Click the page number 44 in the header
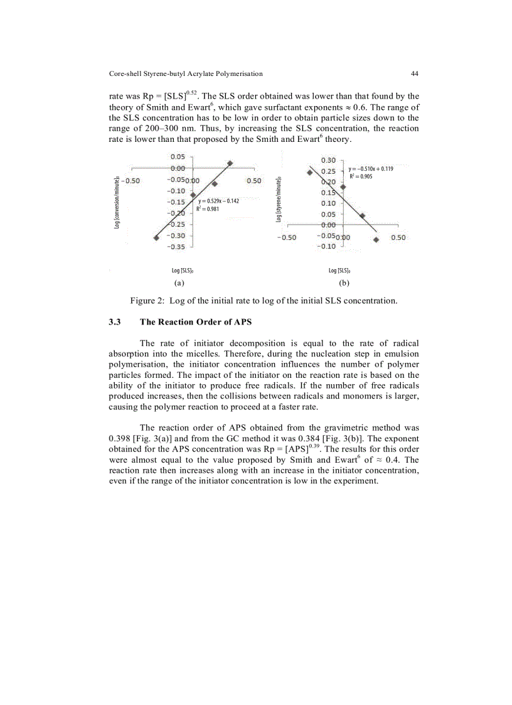point(414,73)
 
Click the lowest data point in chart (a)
point(156,237)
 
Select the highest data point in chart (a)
point(230,163)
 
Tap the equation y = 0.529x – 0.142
point(218,200)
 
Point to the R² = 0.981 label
point(208,208)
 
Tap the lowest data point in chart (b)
point(376,239)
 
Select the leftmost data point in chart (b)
point(309,172)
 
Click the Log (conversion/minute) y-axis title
point(117,202)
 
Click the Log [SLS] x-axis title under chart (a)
point(182,271)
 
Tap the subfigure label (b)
point(343,283)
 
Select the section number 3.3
point(115,322)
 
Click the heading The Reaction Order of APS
point(195,322)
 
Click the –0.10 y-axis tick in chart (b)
point(328,246)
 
